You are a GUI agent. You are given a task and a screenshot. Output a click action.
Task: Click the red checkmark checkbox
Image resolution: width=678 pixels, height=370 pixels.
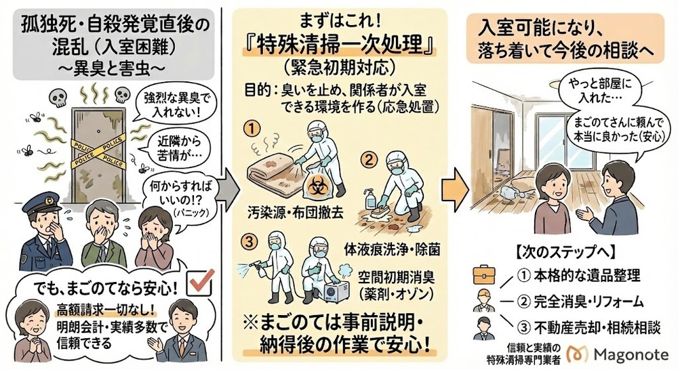pyautogui.click(x=201, y=285)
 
